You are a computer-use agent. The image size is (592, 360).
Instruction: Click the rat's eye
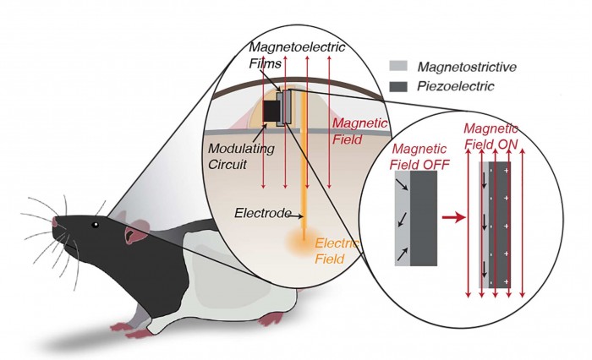(x=96, y=225)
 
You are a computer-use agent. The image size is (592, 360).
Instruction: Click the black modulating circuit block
(x=272, y=111)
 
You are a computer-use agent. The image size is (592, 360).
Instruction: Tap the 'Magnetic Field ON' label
(x=491, y=136)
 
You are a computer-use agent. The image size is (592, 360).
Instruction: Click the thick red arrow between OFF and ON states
(x=456, y=218)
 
